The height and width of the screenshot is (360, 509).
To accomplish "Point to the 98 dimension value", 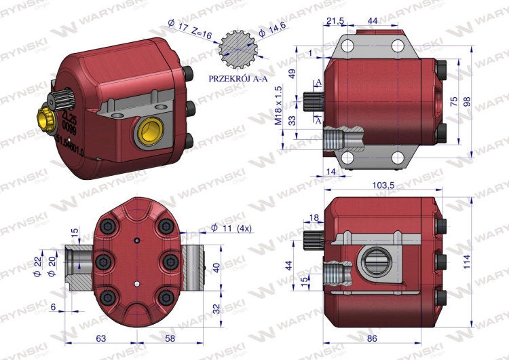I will click(486, 101).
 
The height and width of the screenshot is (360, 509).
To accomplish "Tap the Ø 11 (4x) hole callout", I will click(233, 228).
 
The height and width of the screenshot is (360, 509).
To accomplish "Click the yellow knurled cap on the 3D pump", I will click(45, 120).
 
